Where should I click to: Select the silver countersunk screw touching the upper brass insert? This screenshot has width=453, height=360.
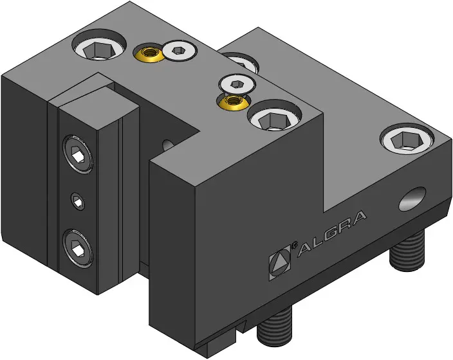[180, 51]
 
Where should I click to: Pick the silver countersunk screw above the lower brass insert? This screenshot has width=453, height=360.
[237, 84]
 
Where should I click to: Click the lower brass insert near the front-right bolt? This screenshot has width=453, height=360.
[232, 102]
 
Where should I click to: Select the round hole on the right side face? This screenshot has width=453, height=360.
[412, 199]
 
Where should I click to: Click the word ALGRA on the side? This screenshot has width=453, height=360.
[331, 233]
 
